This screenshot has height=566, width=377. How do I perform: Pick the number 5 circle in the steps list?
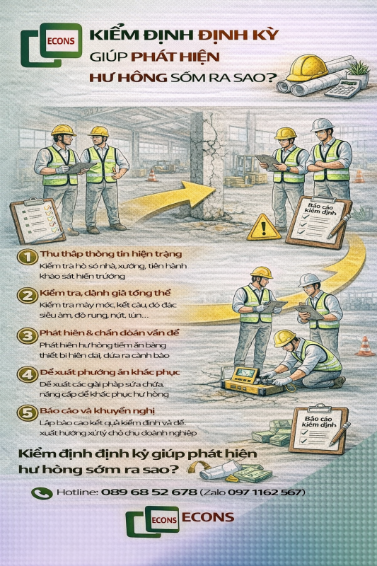[x=27, y=413]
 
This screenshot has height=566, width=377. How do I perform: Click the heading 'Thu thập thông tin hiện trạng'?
[x=101, y=253]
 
